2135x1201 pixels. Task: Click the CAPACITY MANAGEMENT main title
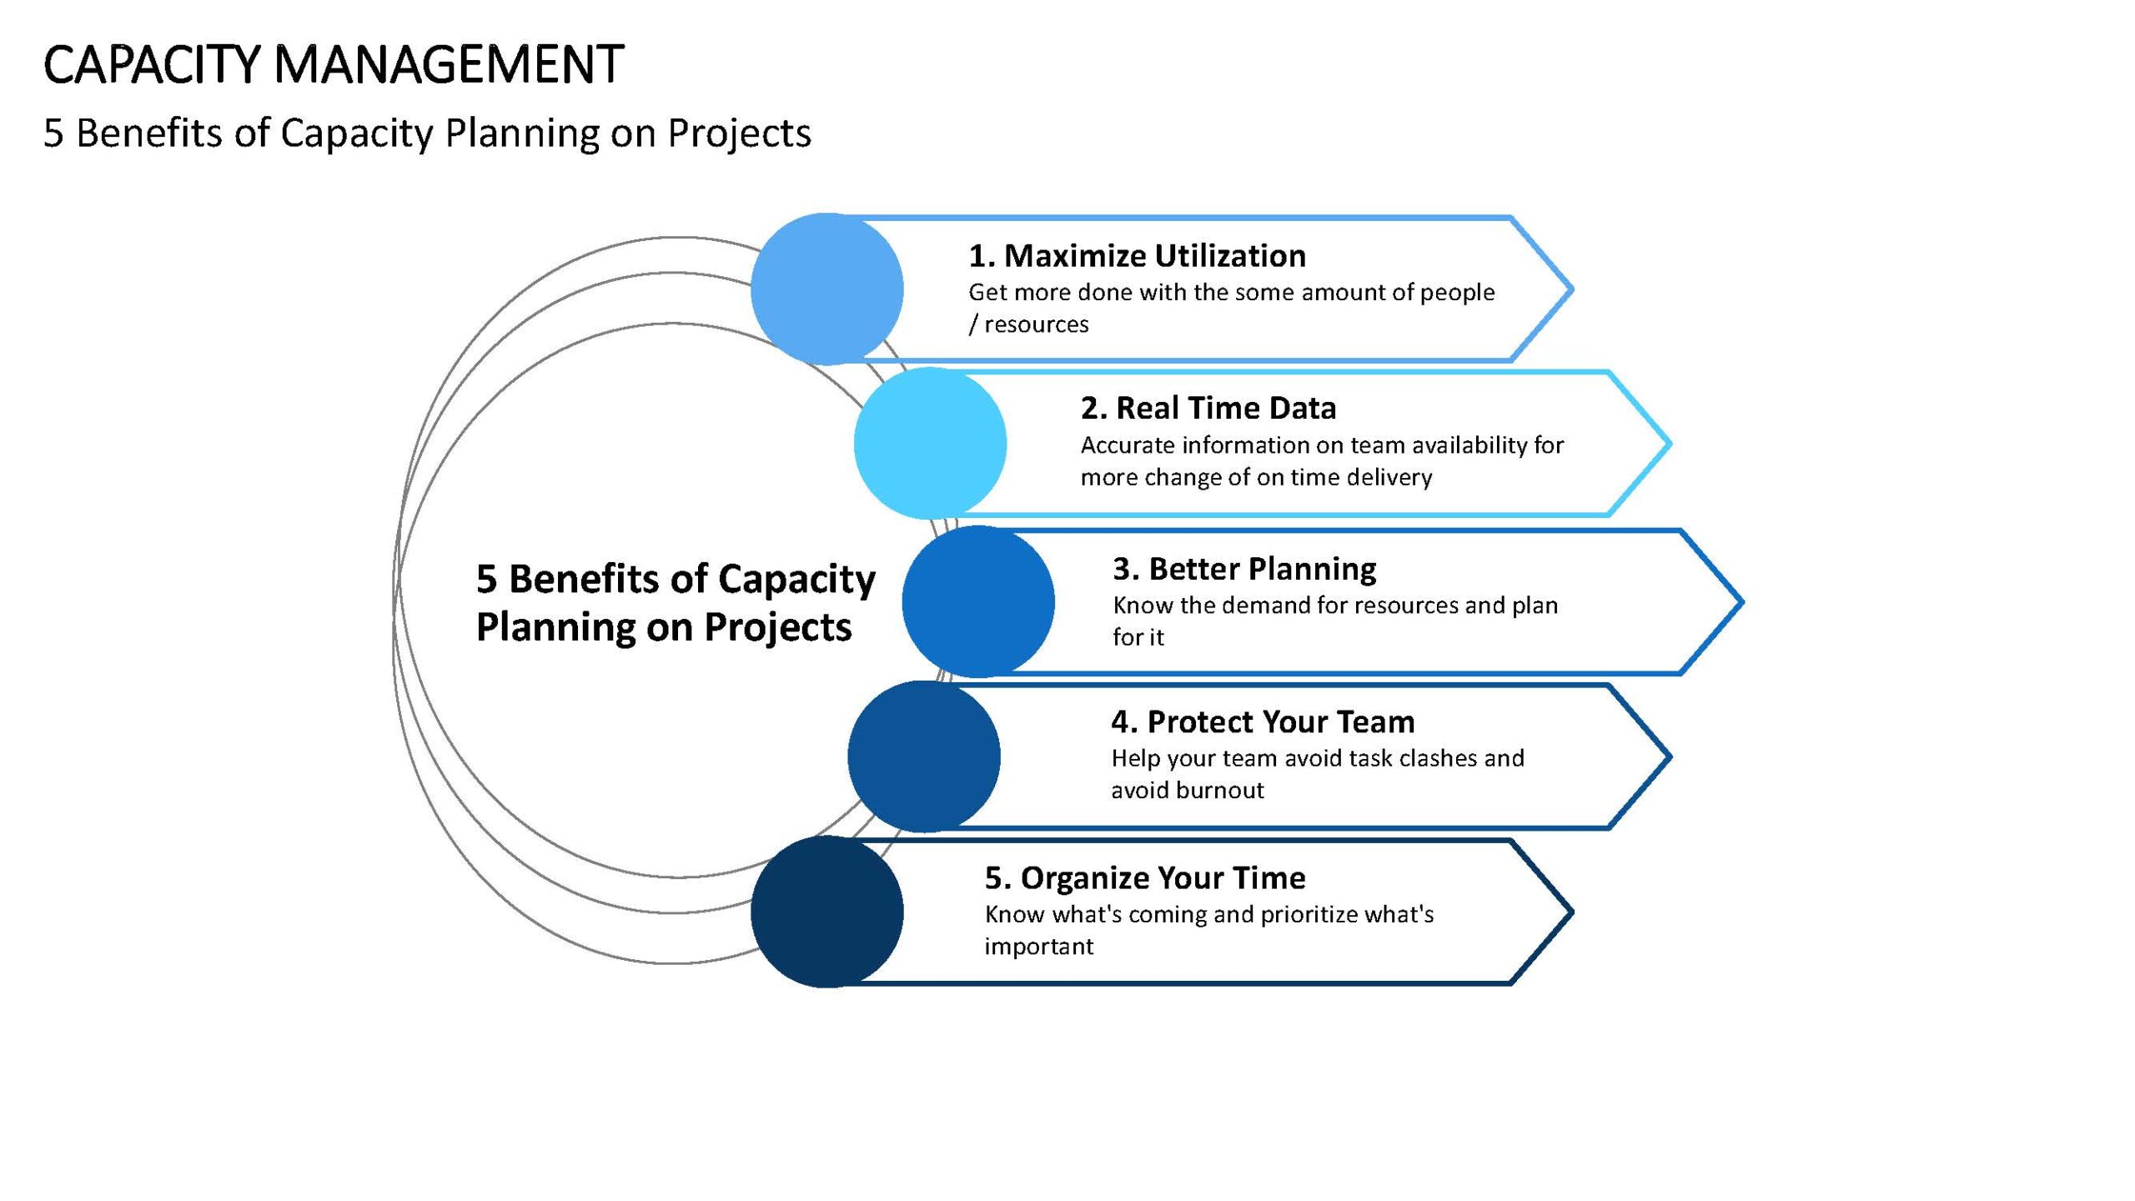(x=334, y=64)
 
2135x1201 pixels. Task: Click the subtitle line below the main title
(x=427, y=133)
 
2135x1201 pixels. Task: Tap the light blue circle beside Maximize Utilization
(x=826, y=289)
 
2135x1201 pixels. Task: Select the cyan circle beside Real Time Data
(x=930, y=443)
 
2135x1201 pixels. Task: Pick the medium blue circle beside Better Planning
(x=978, y=601)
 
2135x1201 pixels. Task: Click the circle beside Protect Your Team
(x=924, y=756)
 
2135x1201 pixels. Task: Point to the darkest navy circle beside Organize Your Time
(x=826, y=912)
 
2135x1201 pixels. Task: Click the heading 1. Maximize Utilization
(x=1138, y=255)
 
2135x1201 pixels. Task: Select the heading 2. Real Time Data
(x=1208, y=408)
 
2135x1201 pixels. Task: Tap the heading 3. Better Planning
(x=1244, y=569)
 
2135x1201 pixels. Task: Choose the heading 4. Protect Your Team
(x=1263, y=721)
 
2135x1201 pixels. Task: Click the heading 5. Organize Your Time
(x=1145, y=877)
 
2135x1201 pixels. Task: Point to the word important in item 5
(x=1038, y=947)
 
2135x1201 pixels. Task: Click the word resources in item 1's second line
(x=1037, y=324)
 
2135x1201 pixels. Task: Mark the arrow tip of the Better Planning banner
(x=1742, y=601)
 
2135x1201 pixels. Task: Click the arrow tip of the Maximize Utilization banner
(x=1572, y=289)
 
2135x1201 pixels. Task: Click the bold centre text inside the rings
(x=676, y=602)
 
